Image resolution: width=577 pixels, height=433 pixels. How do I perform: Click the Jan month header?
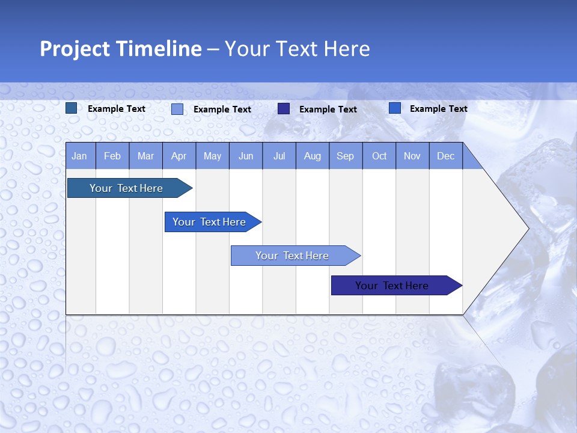(x=79, y=156)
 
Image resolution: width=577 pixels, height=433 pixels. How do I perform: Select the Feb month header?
(x=112, y=156)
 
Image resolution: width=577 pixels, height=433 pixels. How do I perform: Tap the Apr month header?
(x=179, y=156)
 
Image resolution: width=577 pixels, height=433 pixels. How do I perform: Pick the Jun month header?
(x=246, y=156)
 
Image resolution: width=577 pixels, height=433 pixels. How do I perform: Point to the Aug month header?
(x=313, y=156)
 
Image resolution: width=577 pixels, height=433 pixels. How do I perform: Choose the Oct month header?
(x=379, y=156)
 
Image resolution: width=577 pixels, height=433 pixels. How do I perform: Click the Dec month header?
(x=446, y=156)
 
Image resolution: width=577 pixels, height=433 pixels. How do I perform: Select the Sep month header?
(x=346, y=156)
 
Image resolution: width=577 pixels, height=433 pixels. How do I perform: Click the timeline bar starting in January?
(x=126, y=188)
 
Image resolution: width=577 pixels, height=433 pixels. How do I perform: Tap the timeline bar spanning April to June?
(x=209, y=222)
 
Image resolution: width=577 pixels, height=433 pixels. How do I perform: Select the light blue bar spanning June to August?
(x=292, y=256)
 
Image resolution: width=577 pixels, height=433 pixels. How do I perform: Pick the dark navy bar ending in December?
(x=392, y=286)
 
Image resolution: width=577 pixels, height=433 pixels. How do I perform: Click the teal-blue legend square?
(x=72, y=108)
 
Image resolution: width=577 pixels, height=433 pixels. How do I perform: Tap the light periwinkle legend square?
(x=177, y=109)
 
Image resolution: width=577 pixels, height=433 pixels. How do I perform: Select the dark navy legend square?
(x=284, y=108)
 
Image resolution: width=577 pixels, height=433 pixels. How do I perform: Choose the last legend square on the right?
(x=395, y=108)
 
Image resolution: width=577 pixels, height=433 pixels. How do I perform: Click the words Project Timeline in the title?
(x=120, y=49)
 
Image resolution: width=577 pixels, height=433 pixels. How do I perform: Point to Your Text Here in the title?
(x=298, y=49)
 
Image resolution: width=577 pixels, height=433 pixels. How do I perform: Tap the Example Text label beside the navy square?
(x=328, y=109)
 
